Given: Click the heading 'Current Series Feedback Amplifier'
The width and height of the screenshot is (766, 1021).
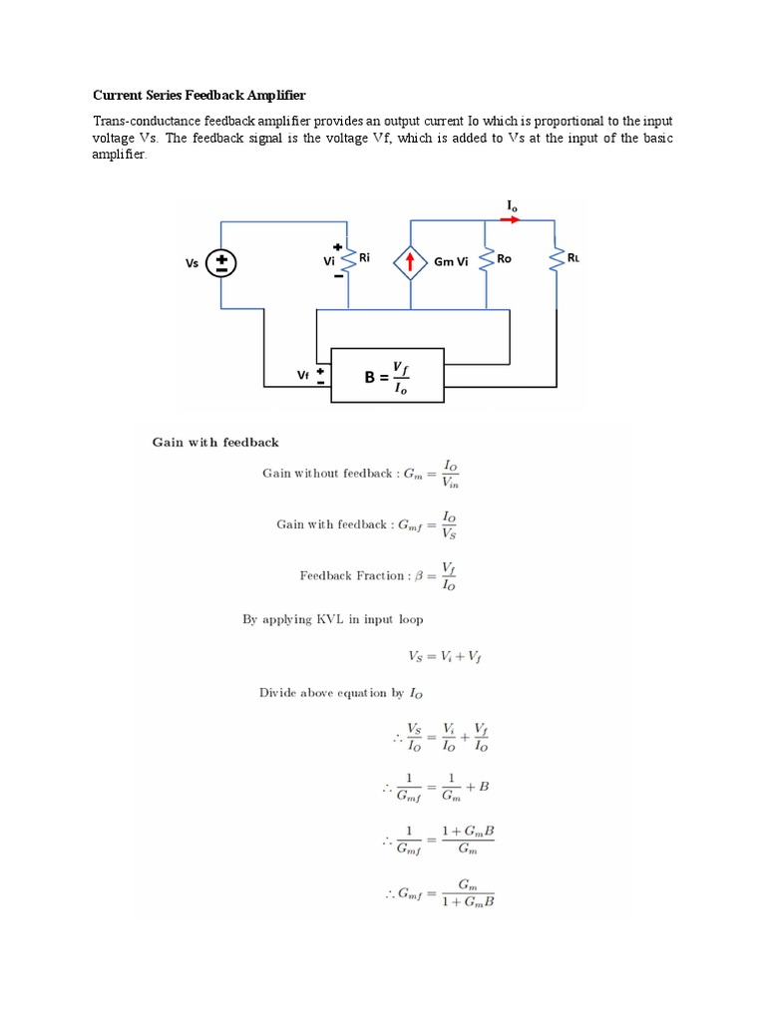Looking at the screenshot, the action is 198,96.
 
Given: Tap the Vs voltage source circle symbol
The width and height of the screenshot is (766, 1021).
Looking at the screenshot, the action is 221,263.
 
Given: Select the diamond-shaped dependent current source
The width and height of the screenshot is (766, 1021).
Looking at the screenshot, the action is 410,263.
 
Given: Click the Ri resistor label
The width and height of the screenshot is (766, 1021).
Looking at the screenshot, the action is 365,256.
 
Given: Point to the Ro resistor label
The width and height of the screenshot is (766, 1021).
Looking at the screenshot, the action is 504,258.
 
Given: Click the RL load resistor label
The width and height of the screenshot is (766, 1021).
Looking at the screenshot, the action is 573,257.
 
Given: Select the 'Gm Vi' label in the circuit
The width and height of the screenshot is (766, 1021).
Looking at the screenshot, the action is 451,263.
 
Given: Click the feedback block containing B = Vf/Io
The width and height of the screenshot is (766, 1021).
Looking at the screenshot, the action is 387,376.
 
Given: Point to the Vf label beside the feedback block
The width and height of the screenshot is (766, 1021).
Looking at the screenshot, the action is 303,375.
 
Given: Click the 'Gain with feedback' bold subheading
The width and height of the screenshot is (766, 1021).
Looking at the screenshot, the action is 214,442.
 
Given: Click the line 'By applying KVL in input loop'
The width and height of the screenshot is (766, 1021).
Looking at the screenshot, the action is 332,619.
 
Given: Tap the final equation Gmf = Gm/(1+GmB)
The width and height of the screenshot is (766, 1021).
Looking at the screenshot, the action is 439,893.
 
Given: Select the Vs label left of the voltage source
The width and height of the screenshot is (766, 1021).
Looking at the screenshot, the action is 192,264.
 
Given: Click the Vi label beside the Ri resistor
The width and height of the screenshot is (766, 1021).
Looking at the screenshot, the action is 327,260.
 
